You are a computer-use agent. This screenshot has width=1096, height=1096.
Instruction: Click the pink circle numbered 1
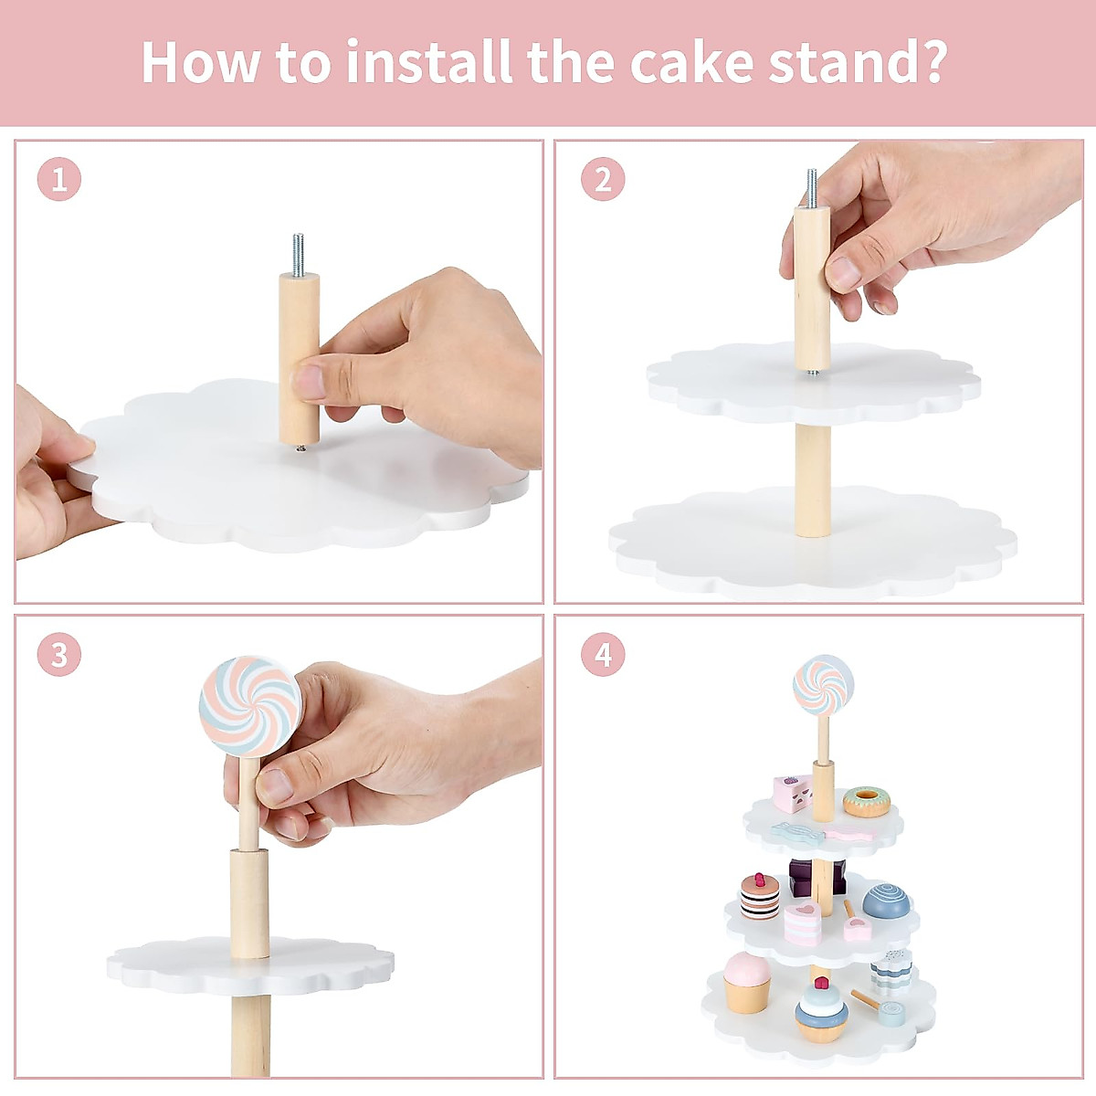pyautogui.click(x=59, y=179)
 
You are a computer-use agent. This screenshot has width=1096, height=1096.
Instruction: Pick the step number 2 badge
pyautogui.click(x=603, y=179)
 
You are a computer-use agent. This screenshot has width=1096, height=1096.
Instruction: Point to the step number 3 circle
pyautogui.click(x=59, y=654)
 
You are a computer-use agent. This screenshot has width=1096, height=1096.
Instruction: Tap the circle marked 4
pyautogui.click(x=603, y=654)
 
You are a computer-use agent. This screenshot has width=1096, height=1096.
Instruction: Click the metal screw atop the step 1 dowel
pyautogui.click(x=298, y=254)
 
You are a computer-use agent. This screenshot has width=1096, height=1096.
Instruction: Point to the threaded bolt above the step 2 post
pyautogui.click(x=812, y=188)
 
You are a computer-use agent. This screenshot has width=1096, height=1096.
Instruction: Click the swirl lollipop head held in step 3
pyautogui.click(x=250, y=707)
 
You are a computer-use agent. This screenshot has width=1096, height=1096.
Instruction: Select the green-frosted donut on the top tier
pyautogui.click(x=866, y=801)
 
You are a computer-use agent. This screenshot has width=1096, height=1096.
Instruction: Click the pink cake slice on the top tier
pyautogui.click(x=792, y=793)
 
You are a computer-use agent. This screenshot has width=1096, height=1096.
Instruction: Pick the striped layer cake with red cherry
pyautogui.click(x=760, y=898)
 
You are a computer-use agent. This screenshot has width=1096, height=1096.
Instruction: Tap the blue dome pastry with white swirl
pyautogui.click(x=886, y=901)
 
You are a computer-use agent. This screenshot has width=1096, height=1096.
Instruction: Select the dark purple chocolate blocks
pyautogui.click(x=817, y=877)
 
